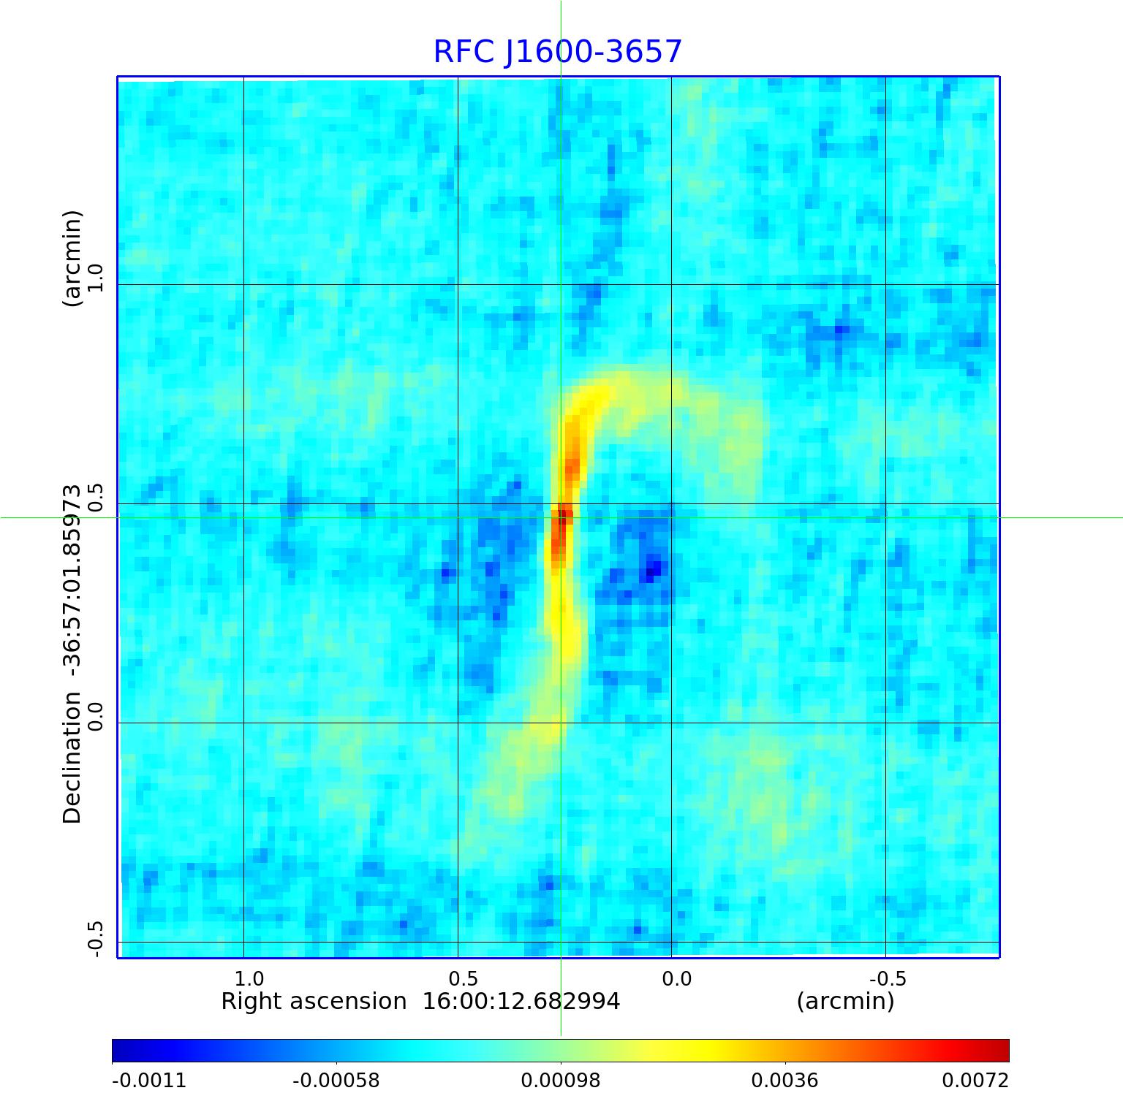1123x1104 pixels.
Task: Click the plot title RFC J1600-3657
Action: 557,52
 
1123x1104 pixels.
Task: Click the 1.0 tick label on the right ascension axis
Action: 249,978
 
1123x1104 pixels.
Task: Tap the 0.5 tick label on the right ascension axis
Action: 463,978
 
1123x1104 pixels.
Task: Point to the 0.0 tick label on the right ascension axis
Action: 676,978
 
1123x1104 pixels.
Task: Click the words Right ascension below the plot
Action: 314,1002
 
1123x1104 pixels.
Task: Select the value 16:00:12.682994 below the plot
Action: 521,1002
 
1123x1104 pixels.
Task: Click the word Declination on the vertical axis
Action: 72,758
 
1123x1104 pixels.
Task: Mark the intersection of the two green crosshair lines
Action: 561,518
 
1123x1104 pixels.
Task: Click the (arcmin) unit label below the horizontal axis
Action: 845,1002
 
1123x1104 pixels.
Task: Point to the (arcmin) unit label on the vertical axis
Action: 72,259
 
